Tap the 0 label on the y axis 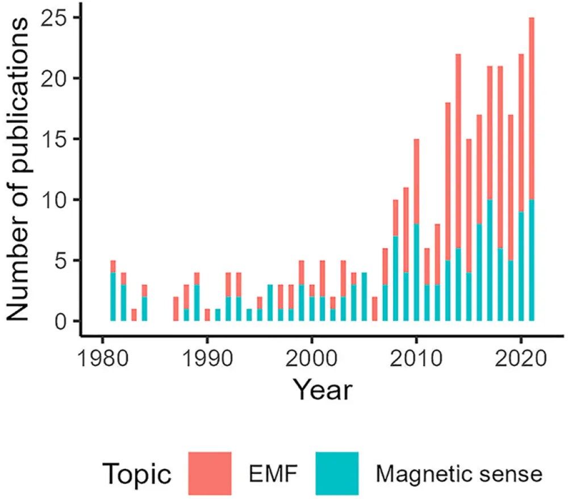tap(61, 322)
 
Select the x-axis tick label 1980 tap(103, 359)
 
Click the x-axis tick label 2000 tap(312, 359)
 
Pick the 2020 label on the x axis tap(521, 359)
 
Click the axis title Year tap(323, 390)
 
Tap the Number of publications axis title tap(18, 169)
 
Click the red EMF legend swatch tap(210, 473)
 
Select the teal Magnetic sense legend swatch tap(337, 473)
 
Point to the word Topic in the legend tap(137, 474)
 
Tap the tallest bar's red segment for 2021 tap(532, 109)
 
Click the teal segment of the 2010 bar tap(416, 272)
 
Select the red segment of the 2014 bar tap(458, 151)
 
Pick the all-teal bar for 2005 tap(364, 297)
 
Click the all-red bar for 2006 tap(374, 309)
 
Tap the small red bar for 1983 tap(134, 315)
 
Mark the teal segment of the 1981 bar tap(113, 297)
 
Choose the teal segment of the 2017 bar tap(490, 260)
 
